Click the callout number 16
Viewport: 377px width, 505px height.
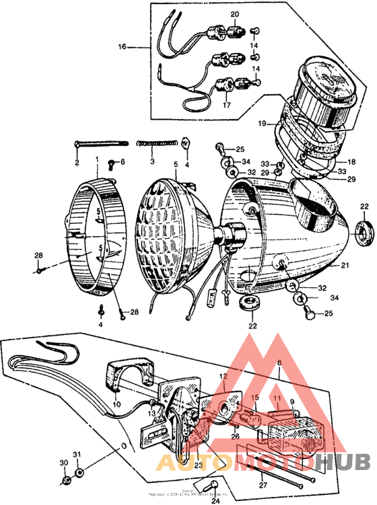(123, 47)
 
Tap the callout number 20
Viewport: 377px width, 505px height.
(234, 14)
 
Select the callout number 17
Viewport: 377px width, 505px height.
(226, 106)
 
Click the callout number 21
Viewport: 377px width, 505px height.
(345, 266)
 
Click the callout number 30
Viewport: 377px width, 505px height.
(64, 463)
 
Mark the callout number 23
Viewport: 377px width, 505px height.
(198, 465)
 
